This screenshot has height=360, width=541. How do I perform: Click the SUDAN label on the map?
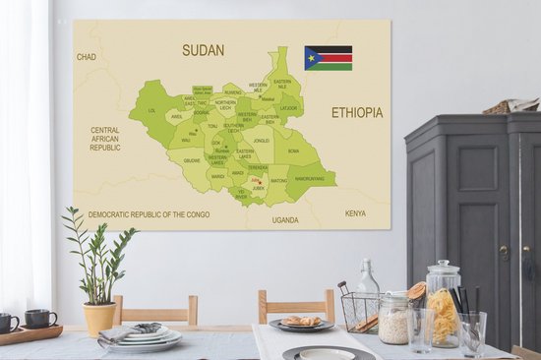[203, 49]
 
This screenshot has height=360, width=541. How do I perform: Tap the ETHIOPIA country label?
[356, 113]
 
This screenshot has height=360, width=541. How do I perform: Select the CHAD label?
[87, 57]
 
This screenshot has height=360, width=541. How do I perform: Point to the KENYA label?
[354, 212]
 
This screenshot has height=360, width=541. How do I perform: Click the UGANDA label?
[285, 219]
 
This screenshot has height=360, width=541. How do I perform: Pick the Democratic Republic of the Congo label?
[150, 213]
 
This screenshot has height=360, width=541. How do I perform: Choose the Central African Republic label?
[105, 139]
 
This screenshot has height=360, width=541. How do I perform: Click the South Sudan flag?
[328, 57]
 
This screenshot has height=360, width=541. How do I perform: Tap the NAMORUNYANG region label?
[309, 179]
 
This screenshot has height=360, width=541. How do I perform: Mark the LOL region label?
[151, 111]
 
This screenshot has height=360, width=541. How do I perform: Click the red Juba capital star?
[257, 181]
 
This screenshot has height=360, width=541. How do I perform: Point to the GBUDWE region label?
[192, 160]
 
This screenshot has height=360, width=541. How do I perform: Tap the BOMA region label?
[293, 150]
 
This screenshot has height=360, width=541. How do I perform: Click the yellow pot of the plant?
[99, 319]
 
